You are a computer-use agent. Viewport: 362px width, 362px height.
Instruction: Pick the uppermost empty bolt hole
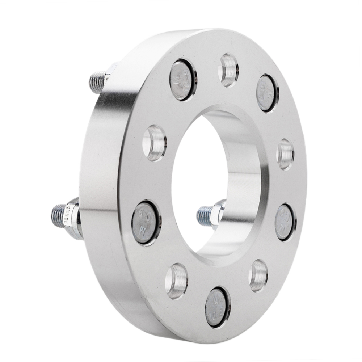coord(228,70)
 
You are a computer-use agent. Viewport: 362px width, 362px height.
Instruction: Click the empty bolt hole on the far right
coord(286,154)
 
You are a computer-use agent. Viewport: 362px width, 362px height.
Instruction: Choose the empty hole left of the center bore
coord(155,143)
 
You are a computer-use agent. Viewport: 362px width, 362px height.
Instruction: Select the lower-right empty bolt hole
coord(258,275)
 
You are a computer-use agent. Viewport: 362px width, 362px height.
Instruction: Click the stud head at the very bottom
coord(217,307)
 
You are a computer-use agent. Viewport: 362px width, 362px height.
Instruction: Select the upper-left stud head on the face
coord(182,80)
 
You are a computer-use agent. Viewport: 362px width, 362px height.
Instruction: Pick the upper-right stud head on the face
coord(266,93)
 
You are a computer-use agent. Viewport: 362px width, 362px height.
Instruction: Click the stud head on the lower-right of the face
coord(285,222)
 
